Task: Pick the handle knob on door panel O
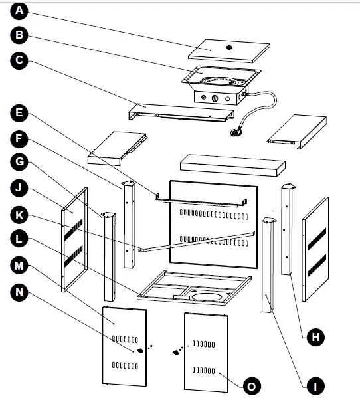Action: (177, 353)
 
